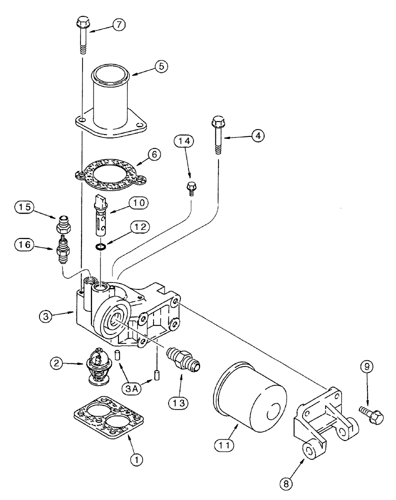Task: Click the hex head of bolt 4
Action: coord(218,121)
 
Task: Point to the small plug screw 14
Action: coord(190,188)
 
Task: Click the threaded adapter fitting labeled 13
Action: coord(182,359)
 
